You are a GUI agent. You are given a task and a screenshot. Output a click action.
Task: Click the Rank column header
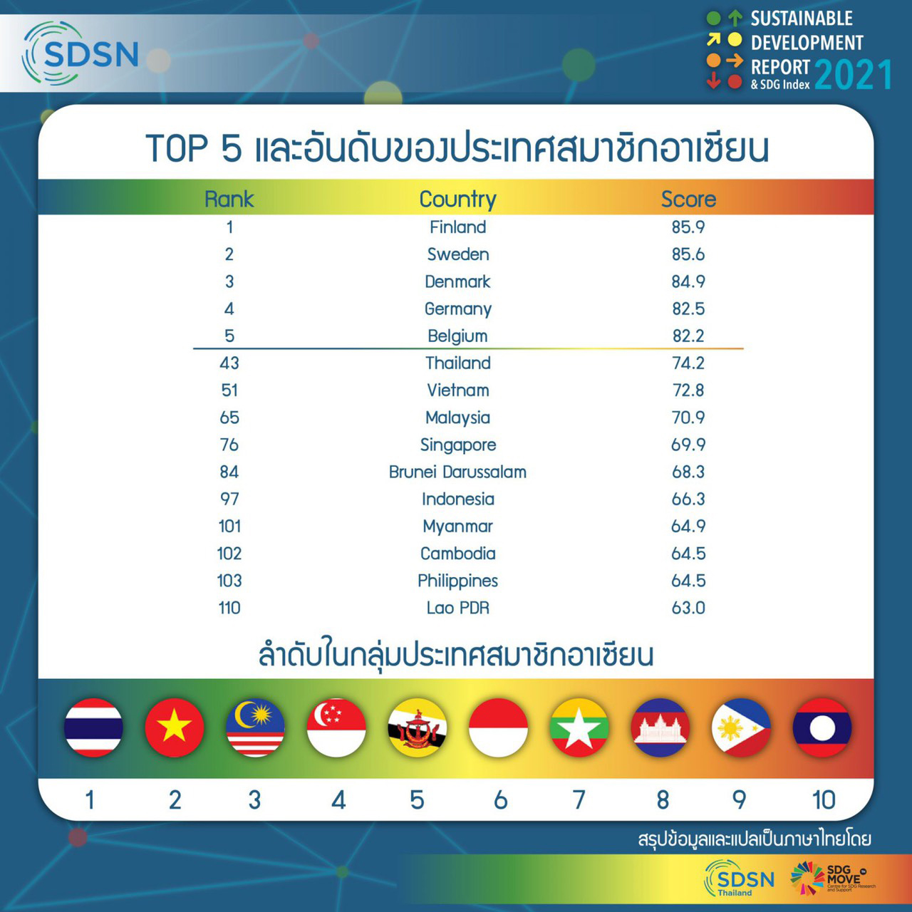229,199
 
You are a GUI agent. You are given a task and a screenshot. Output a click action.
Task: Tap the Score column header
688,199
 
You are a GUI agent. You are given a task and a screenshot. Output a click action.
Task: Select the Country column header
457,199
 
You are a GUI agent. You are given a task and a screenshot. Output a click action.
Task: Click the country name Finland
457,227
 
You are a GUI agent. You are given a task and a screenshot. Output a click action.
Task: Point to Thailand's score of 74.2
688,363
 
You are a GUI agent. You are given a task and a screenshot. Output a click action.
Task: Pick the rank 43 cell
229,363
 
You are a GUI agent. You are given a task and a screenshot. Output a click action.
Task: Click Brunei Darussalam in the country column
457,472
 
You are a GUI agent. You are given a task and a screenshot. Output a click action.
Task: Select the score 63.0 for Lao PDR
688,608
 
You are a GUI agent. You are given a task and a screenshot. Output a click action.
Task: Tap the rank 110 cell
229,608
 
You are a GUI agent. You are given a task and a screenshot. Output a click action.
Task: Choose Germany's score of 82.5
688,309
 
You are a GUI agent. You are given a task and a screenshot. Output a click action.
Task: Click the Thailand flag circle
93,727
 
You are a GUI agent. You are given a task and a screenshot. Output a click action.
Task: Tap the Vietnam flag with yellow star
174,727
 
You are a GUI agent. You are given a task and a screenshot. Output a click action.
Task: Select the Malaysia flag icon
255,727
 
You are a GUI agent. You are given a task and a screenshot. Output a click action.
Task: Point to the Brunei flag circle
418,727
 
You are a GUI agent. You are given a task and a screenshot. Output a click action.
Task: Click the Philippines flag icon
741,727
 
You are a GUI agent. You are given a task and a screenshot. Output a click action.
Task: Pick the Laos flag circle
822,727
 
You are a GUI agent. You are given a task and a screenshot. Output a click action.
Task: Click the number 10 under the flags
824,800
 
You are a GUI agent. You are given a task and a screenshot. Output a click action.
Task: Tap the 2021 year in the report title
853,74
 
